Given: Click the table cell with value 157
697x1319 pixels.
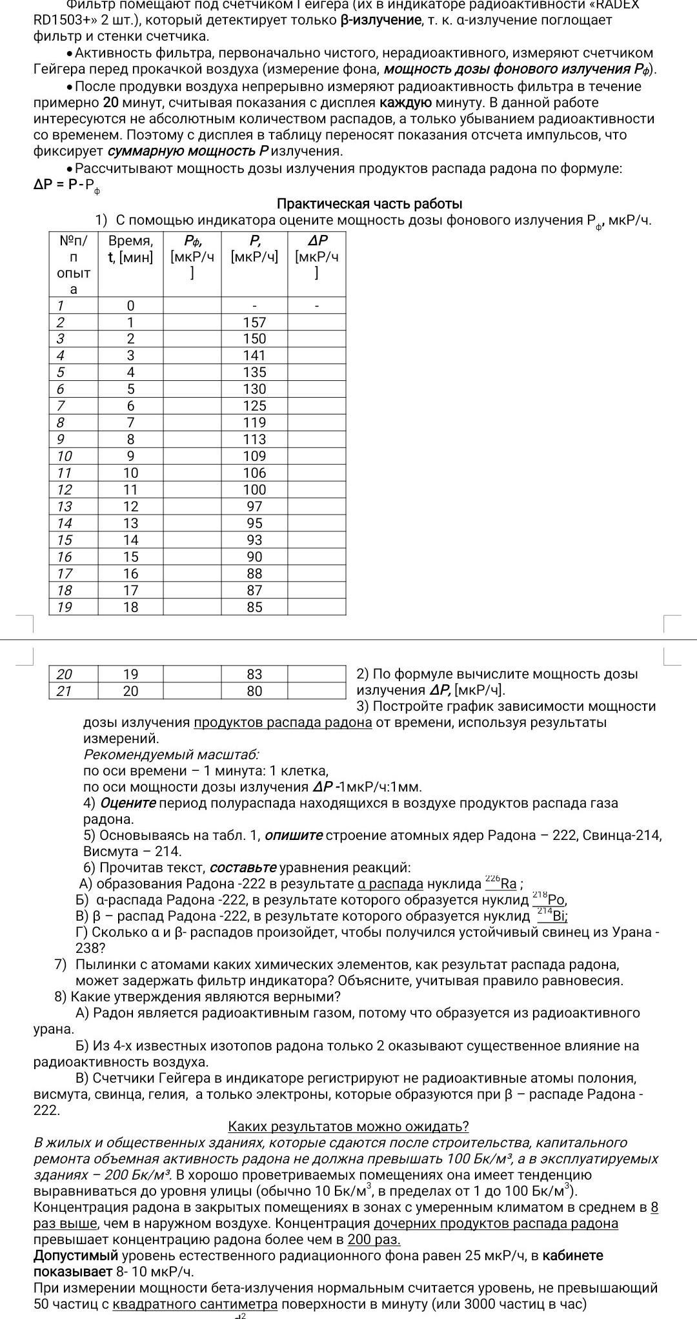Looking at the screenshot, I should pos(254,322).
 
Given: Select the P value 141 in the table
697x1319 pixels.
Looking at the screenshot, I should pos(254,356).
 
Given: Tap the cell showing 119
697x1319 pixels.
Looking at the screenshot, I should pos(254,423).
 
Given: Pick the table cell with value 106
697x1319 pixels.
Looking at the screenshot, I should pos(254,473).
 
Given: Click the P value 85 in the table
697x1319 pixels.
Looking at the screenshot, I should pos(254,608).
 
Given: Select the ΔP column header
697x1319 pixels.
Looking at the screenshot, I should pos(316,256).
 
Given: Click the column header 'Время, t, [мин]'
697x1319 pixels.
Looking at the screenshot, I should pos(130,249).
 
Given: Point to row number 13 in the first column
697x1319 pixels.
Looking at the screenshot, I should pos(65,507).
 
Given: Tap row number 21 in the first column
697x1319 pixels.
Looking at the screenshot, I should pos(65,691).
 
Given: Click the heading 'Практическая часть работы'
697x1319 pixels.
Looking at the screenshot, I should pos(369,204).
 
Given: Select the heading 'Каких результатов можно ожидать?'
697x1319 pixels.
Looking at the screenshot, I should pos(348,1127).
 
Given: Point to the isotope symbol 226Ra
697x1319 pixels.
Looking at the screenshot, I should pos(501,883).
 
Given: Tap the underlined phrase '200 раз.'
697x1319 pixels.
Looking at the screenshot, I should pos(374,1240).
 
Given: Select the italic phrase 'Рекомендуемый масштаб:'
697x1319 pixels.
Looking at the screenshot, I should pos(171,755).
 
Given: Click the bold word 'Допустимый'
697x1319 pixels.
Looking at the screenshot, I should pos(76,1256).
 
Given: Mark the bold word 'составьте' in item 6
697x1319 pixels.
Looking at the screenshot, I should pos(243,868).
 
